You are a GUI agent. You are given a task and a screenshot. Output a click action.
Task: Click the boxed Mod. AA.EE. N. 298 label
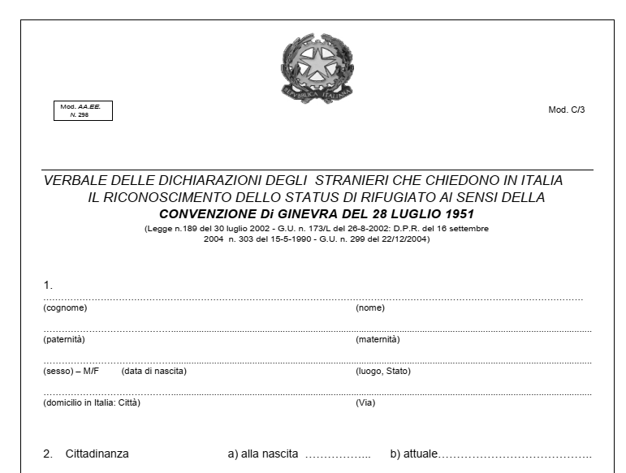82,110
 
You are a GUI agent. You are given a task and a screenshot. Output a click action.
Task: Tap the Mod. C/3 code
566,110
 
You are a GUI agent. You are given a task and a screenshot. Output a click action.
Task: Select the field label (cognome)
65,308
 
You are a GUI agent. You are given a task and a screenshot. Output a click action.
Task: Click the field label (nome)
369,308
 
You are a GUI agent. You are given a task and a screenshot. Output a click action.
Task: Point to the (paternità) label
64,339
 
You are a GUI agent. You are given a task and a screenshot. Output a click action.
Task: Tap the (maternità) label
378,339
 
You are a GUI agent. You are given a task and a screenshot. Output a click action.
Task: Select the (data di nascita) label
154,372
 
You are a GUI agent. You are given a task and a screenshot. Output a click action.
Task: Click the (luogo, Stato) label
383,372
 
